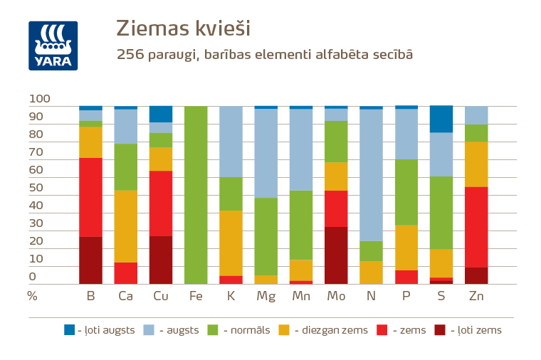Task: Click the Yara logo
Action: pos(53,46)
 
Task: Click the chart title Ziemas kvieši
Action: pos(184,28)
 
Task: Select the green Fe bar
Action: pos(196,195)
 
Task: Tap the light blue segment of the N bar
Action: pos(372,175)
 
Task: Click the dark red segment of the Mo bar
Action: pos(336,255)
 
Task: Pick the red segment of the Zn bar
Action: pos(476,227)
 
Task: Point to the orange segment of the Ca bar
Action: pos(126,226)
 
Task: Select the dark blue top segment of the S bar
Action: pos(441,119)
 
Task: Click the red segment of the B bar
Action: pos(90,197)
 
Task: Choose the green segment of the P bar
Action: pos(406,192)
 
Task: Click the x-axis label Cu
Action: pos(160,295)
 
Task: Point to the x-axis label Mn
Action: pos(300,295)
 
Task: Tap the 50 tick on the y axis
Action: pos(36,188)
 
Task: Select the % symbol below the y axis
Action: pos(32,295)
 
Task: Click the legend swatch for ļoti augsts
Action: pos(69,329)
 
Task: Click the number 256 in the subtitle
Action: pos(131,55)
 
